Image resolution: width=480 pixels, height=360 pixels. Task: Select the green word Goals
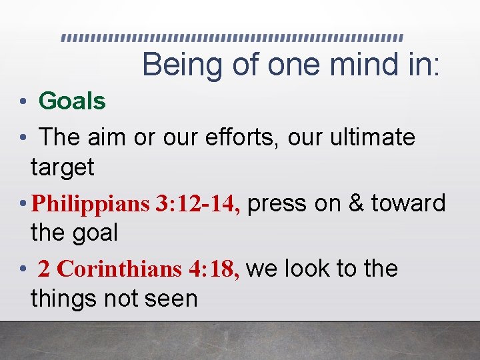72,101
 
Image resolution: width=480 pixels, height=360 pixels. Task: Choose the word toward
408,203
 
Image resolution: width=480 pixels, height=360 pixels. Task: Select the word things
64,298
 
